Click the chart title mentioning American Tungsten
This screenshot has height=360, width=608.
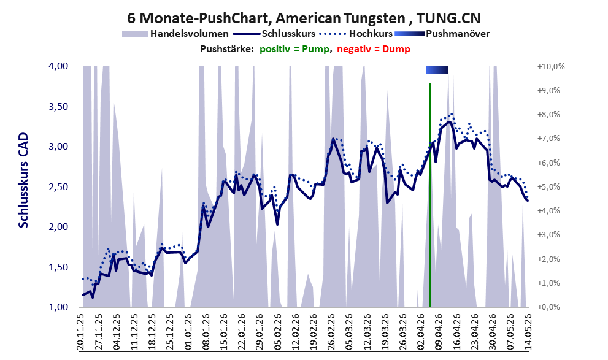coord(304,18)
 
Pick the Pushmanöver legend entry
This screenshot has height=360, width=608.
coord(442,34)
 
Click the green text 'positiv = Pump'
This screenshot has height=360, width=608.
coord(295,49)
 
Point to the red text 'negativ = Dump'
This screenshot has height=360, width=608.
coord(374,49)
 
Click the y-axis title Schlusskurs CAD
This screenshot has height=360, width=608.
coord(24,180)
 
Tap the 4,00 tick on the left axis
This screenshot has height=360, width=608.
coord(58,66)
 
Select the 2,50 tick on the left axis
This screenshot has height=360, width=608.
coord(58,187)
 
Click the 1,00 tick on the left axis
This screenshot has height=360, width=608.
coord(58,307)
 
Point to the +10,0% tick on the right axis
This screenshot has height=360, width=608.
coord(551,67)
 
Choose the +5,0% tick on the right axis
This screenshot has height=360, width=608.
coord(548,187)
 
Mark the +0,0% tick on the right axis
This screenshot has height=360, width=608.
coord(548,307)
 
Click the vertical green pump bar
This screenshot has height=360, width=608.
coord(430,195)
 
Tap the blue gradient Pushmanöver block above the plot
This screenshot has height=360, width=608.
coord(437,70)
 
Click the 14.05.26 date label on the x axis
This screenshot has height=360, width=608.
coord(528,332)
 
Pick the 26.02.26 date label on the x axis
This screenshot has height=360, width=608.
coord(331,332)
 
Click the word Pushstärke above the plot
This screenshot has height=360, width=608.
coord(227,49)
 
